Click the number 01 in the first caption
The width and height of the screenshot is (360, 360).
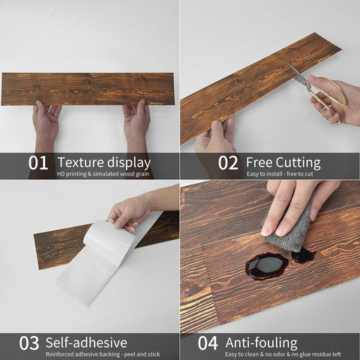coord(37,163)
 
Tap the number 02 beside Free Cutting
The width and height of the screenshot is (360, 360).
coord(228,163)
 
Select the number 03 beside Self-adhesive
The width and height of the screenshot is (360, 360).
coord(29,343)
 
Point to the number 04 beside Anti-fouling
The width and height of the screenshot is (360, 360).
coord(208,343)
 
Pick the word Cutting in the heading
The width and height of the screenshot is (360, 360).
coord(298,163)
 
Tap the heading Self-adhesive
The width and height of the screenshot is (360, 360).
coord(86,343)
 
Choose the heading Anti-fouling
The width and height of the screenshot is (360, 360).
coord(262,343)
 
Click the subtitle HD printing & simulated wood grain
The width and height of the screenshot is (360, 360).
coord(103,174)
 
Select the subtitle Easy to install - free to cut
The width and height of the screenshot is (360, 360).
coord(280,174)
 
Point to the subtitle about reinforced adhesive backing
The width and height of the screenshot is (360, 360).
coord(103,354)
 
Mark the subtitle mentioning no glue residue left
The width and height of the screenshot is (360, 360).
coord(283,354)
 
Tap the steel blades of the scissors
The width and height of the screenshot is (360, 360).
coord(296,72)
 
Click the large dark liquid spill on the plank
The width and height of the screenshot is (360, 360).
coord(267,266)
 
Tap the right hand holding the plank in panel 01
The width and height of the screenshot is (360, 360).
coord(136,125)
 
